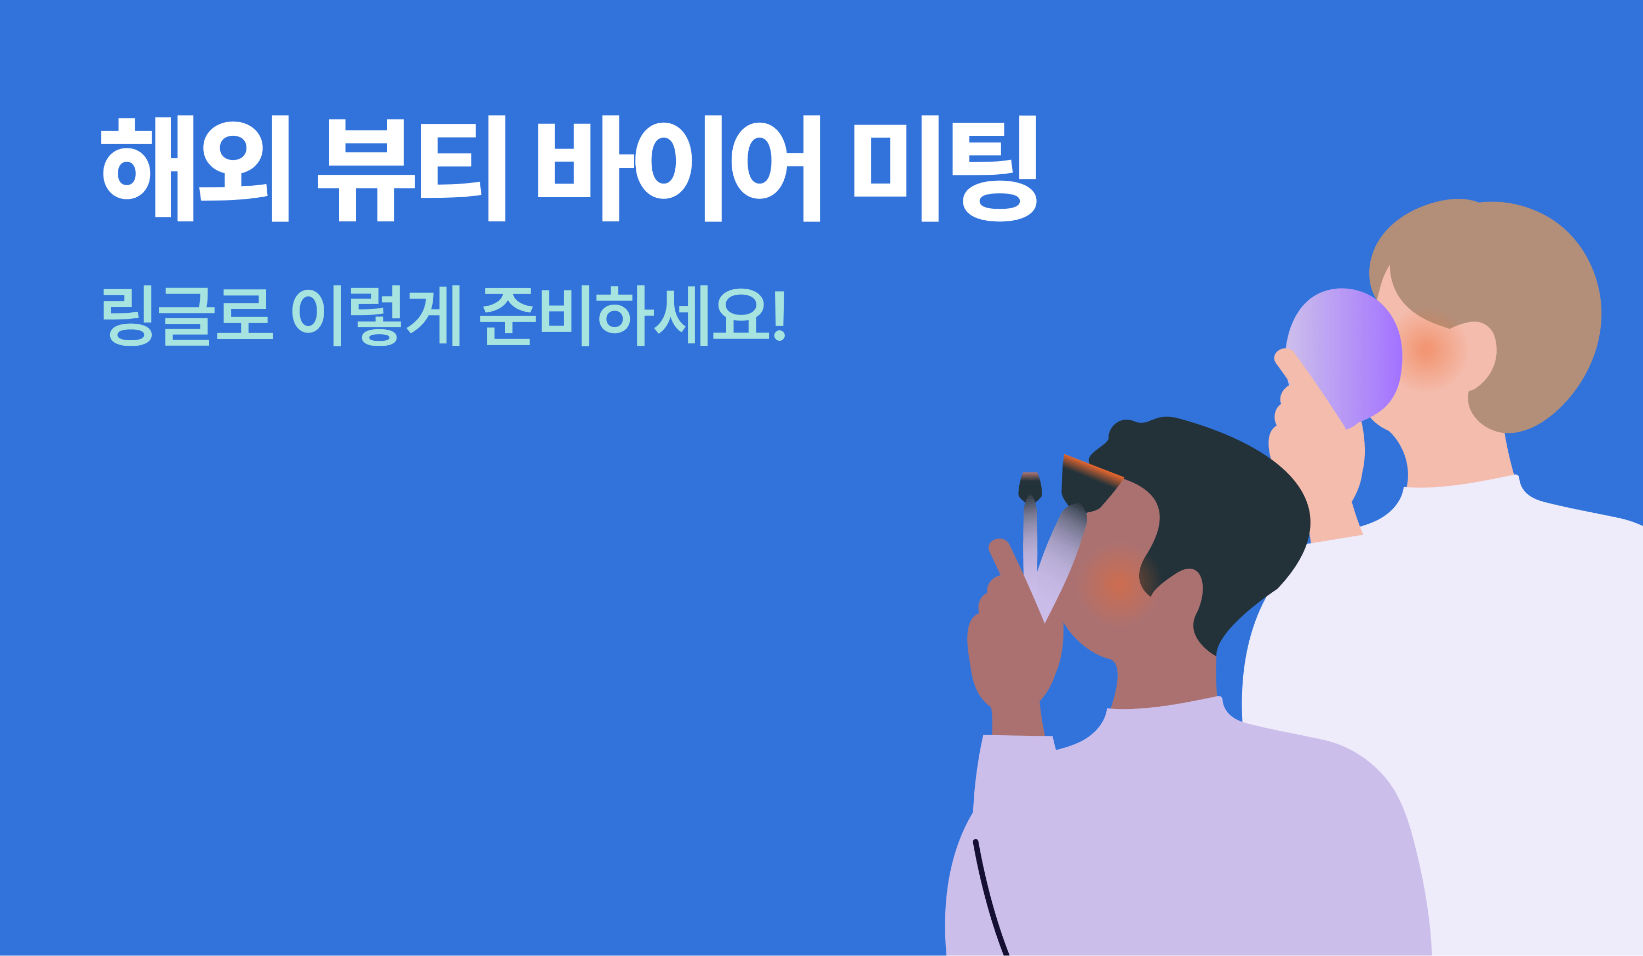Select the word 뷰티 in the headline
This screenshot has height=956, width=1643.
click(x=411, y=168)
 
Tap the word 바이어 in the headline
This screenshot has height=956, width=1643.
click(x=678, y=168)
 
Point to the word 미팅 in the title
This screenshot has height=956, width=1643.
click(x=945, y=168)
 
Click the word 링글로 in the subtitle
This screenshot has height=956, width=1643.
click(x=188, y=316)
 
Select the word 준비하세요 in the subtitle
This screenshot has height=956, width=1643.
click(x=624, y=316)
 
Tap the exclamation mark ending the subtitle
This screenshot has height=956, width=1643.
click(x=779, y=316)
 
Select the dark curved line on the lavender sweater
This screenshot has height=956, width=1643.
click(x=991, y=900)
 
